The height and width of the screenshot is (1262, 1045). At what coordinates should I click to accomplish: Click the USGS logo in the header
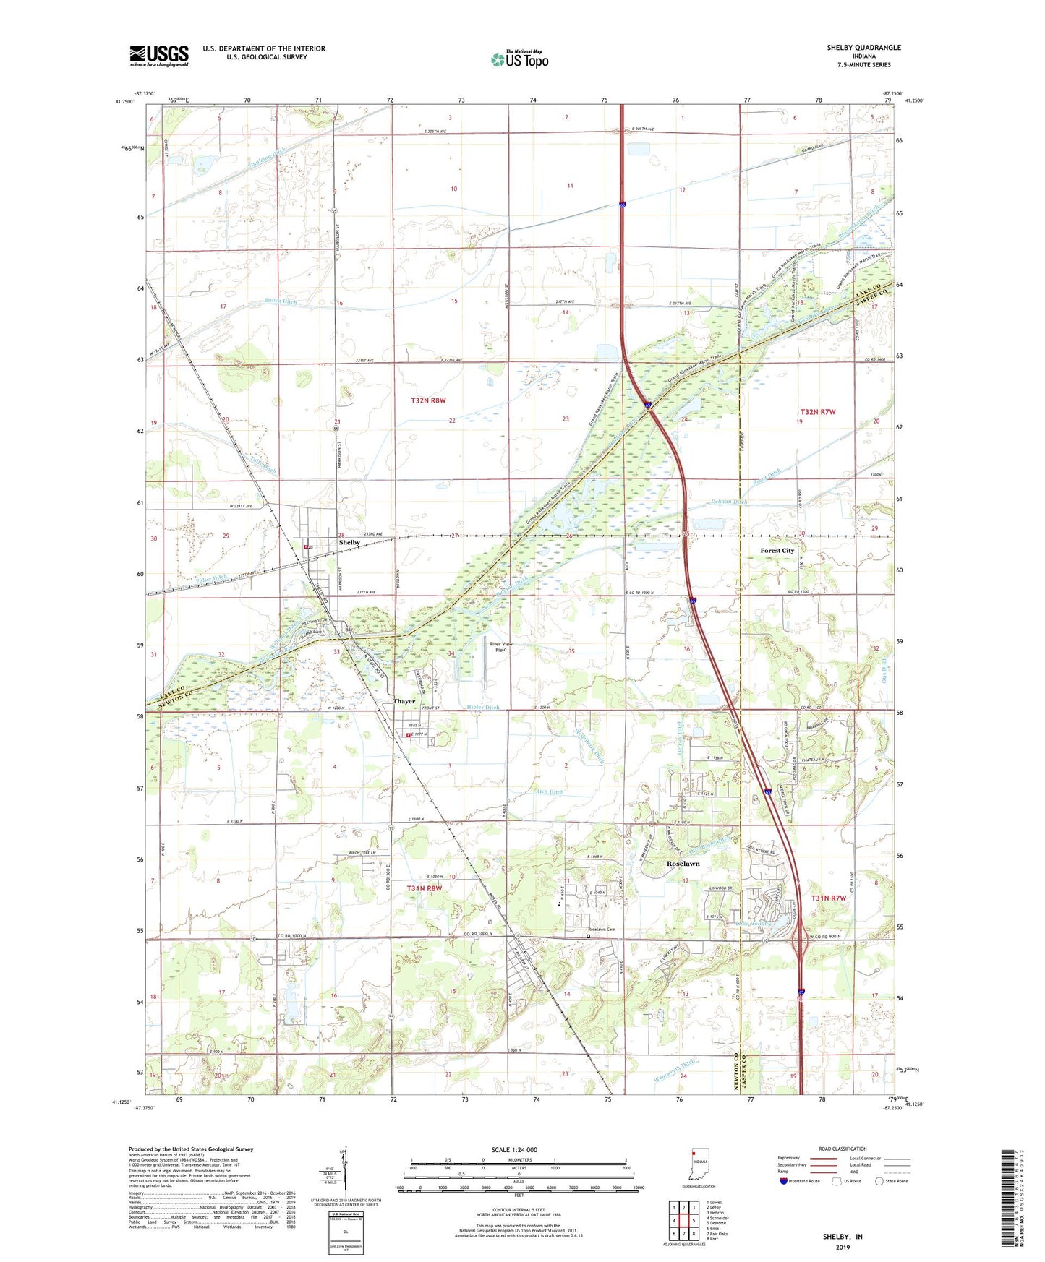[x=159, y=56]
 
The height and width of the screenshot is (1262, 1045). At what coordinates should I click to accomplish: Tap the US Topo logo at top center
[x=520, y=59]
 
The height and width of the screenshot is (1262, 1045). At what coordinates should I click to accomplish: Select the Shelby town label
[x=349, y=542]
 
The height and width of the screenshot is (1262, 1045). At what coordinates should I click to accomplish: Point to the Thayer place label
[x=404, y=701]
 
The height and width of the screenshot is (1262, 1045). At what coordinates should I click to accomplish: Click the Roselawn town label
[x=683, y=864]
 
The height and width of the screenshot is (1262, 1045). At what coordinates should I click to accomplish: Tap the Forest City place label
[x=777, y=551]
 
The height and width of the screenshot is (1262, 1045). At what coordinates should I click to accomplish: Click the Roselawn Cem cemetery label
[x=606, y=930]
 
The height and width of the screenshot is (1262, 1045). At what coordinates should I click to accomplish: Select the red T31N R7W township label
[x=828, y=898]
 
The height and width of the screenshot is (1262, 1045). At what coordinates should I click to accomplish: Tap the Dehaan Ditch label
[x=729, y=502]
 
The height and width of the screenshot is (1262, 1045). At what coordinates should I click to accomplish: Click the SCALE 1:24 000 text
[x=514, y=1149]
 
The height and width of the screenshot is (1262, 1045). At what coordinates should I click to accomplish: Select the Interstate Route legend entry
[x=803, y=1181]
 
